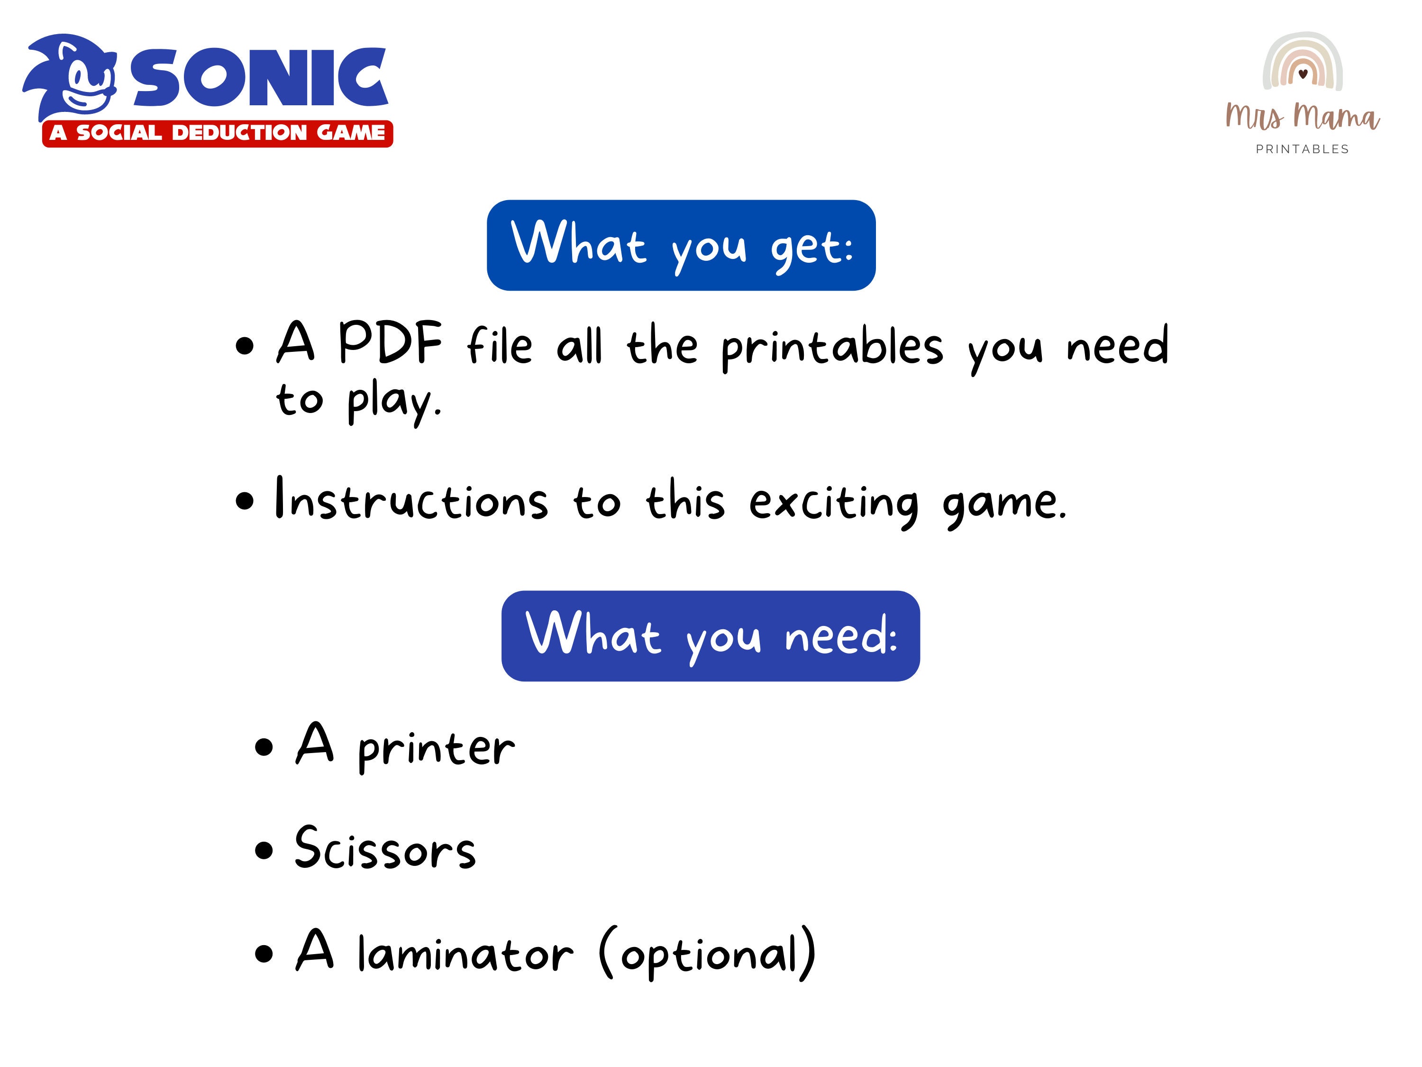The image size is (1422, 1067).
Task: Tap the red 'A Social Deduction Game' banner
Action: click(x=217, y=133)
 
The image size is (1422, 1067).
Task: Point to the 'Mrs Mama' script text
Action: click(x=1303, y=116)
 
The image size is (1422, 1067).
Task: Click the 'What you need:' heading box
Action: click(x=711, y=635)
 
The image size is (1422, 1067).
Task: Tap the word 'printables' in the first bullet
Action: click(x=832, y=347)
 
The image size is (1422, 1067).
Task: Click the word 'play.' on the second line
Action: click(x=394, y=402)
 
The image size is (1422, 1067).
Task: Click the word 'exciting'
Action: click(x=834, y=503)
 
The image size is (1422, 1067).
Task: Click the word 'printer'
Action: click(x=437, y=749)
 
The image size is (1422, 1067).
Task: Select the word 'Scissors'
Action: click(x=384, y=849)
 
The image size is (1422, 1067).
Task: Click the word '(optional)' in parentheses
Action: click(x=707, y=953)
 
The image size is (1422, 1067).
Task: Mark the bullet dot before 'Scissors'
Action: click(x=264, y=851)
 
